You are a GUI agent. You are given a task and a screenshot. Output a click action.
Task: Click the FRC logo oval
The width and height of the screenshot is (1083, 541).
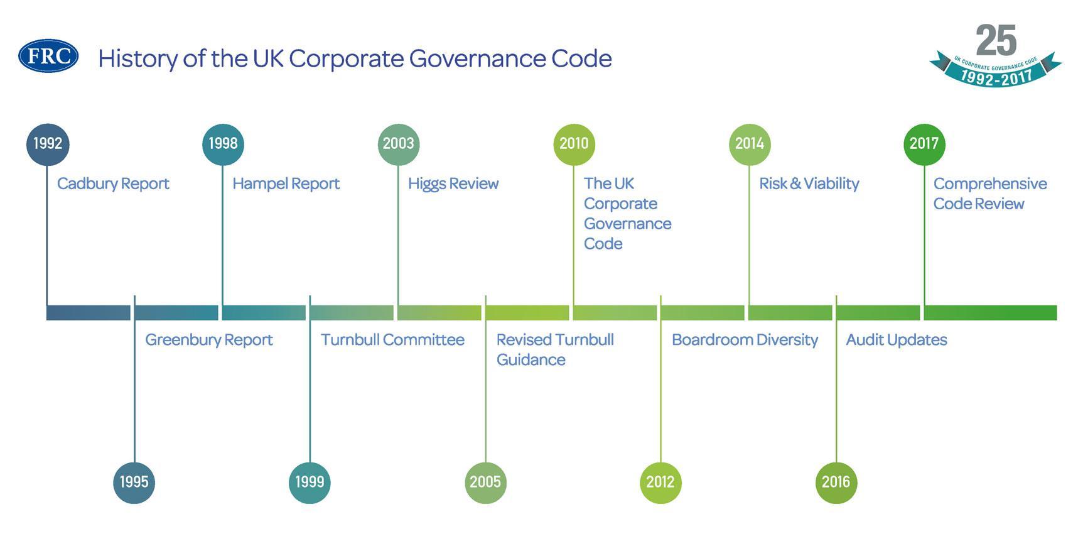pyautogui.click(x=48, y=56)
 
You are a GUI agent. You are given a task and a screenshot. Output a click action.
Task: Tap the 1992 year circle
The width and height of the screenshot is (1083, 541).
pyautogui.click(x=48, y=144)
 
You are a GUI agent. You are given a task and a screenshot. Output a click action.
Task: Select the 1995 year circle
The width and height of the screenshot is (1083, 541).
pyautogui.click(x=134, y=482)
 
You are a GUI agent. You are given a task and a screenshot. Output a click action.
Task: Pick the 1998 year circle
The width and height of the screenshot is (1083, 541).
pyautogui.click(x=223, y=144)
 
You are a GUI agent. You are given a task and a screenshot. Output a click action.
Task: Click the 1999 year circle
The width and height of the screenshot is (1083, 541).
pyautogui.click(x=310, y=482)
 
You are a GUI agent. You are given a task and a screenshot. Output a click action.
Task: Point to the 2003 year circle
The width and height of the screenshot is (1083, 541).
pyautogui.click(x=398, y=144)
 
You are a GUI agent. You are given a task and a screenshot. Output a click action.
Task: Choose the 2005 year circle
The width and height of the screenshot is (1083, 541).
pyautogui.click(x=485, y=482)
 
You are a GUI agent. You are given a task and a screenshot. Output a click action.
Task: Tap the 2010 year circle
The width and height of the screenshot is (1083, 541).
pyautogui.click(x=574, y=144)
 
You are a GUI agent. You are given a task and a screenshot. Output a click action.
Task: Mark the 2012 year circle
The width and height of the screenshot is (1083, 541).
pyautogui.click(x=660, y=482)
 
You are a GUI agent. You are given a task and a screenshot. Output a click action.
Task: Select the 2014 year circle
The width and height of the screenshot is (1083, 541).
pyautogui.click(x=749, y=144)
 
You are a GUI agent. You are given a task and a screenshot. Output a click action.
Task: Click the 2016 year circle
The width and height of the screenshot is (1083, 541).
pyautogui.click(x=836, y=482)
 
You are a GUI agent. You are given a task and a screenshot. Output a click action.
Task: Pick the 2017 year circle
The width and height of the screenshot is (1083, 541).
pyautogui.click(x=924, y=144)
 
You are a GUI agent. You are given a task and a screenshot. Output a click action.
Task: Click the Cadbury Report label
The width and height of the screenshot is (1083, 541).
pyautogui.click(x=113, y=183)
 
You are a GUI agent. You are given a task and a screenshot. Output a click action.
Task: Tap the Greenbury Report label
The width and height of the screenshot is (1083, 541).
pyautogui.click(x=208, y=340)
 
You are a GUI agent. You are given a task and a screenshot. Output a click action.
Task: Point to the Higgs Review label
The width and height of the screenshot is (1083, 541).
pyautogui.click(x=453, y=183)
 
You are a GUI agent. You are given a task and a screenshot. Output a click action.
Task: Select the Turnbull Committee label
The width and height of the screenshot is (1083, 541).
pyautogui.click(x=392, y=340)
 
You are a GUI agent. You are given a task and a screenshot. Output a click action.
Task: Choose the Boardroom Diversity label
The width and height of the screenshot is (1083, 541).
pyautogui.click(x=745, y=340)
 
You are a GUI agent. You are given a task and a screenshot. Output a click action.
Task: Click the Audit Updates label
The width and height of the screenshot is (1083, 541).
pyautogui.click(x=897, y=340)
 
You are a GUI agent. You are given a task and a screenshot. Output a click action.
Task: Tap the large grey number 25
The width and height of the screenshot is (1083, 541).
pyautogui.click(x=996, y=41)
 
